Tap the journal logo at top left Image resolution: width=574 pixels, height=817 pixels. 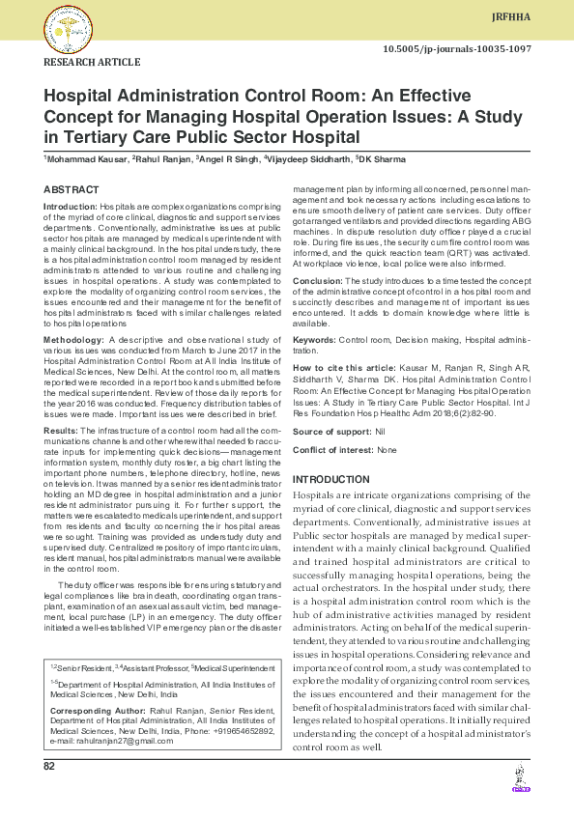coord(68,30)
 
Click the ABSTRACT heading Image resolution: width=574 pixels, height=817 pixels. coord(71,190)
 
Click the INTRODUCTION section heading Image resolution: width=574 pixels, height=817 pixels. coord(330,480)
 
